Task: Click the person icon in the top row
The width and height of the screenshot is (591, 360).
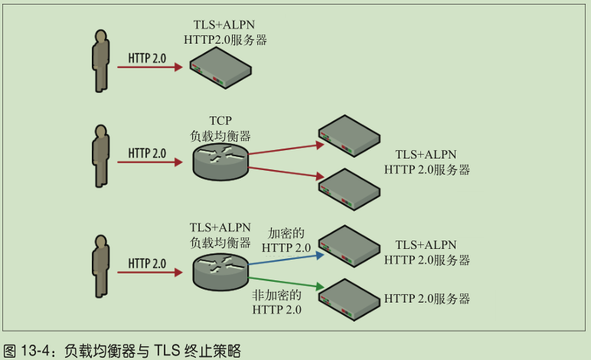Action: click(100, 60)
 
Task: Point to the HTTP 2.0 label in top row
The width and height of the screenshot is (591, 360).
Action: click(147, 57)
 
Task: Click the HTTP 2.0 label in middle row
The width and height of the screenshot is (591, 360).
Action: click(147, 153)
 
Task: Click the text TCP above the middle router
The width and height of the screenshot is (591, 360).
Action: click(220, 120)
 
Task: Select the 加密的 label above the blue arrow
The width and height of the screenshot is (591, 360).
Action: click(286, 233)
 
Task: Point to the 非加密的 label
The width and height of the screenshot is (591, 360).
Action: click(276, 295)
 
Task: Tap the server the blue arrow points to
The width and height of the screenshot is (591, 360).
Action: click(349, 244)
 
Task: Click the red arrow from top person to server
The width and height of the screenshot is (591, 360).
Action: click(150, 67)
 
